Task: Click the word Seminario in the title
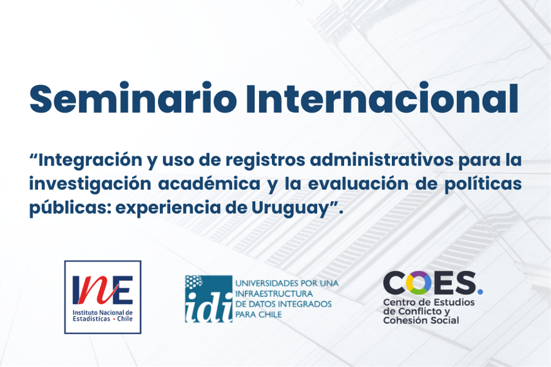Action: (x=133, y=99)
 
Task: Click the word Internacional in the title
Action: (x=382, y=99)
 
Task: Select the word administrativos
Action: (x=382, y=160)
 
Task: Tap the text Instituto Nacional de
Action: (x=102, y=312)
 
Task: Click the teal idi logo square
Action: (x=209, y=299)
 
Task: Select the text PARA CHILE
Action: (x=258, y=314)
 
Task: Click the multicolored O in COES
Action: (x=418, y=283)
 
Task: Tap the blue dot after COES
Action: (x=480, y=291)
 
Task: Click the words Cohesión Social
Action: (x=421, y=320)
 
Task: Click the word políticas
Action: (x=483, y=184)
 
